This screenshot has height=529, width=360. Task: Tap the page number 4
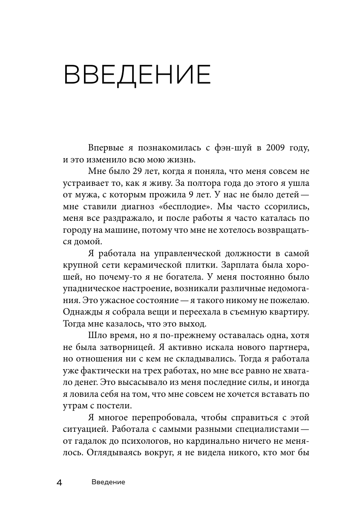60,483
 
